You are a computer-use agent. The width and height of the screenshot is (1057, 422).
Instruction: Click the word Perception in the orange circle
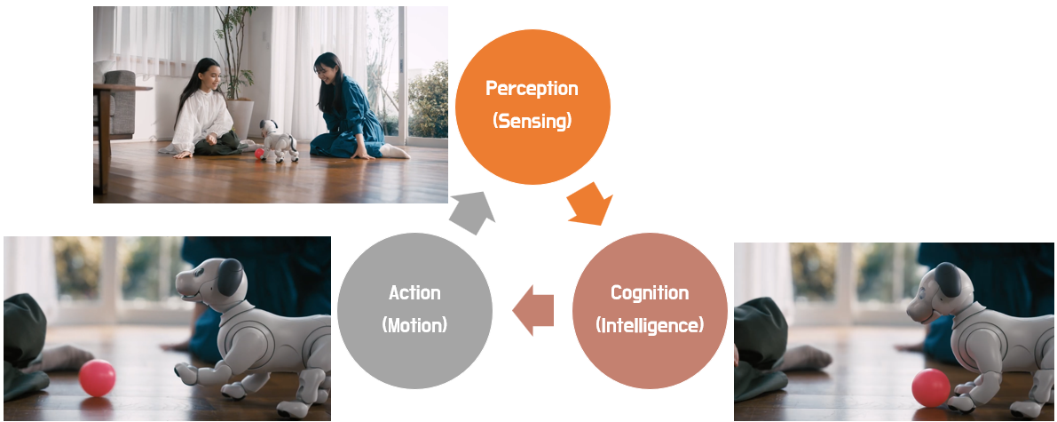[x=532, y=89]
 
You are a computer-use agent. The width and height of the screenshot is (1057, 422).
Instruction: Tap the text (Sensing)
[x=532, y=121]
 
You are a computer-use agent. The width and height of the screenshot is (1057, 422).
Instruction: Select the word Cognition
[x=650, y=292]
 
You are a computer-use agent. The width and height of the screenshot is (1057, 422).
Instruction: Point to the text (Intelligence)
[x=650, y=325]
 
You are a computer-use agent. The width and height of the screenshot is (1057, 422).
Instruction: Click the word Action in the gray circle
[x=414, y=292]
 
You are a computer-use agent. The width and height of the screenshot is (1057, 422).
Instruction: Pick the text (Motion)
[x=414, y=325]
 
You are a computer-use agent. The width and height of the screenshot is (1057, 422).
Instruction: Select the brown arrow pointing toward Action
[x=533, y=311]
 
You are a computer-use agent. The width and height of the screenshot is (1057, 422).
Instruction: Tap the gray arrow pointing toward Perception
[x=472, y=212]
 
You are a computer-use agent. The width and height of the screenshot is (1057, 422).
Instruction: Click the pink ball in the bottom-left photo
[x=97, y=378]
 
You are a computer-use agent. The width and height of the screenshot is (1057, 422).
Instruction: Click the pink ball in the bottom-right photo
[x=931, y=388]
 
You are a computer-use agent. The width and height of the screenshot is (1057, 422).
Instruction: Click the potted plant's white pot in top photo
[x=241, y=117]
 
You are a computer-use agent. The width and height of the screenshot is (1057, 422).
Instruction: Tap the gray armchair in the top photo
[x=119, y=105]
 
